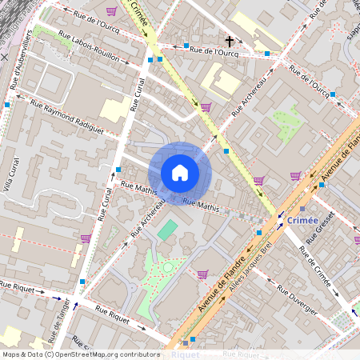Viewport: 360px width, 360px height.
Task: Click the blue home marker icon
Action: pyautogui.click(x=180, y=172)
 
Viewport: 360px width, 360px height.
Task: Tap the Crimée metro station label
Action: pyautogui.click(x=301, y=220)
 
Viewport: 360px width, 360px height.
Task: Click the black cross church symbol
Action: pyautogui.click(x=229, y=40)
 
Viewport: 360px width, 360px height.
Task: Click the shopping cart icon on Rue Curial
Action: pyautogui.click(x=85, y=238)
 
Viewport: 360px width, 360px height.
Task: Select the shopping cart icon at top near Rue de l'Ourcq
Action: pyautogui.click(x=110, y=11)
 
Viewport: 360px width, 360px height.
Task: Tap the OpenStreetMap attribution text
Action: pyautogui.click(x=80, y=354)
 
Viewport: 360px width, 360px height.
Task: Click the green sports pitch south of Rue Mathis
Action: pyautogui.click(x=168, y=230)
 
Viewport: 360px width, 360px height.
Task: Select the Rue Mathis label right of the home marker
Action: pyautogui.click(x=201, y=206)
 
